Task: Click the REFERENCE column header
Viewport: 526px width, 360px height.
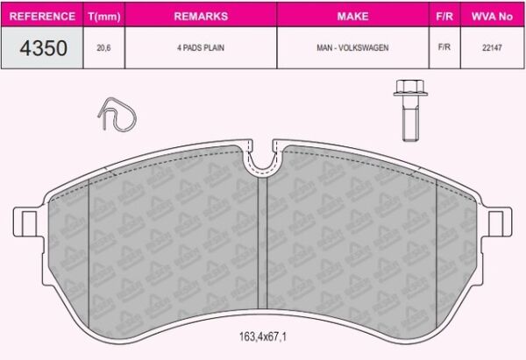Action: (x=42, y=16)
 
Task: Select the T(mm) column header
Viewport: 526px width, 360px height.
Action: (x=104, y=17)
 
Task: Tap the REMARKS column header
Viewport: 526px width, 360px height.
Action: (x=201, y=16)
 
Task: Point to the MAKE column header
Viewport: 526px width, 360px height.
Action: (x=353, y=16)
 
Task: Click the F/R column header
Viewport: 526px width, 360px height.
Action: (x=444, y=16)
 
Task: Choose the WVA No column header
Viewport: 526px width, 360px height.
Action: (x=492, y=16)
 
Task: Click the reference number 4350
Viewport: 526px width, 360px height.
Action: (x=43, y=48)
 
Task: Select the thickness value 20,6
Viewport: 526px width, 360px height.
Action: (x=103, y=48)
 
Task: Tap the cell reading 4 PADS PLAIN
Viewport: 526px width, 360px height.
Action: (x=201, y=47)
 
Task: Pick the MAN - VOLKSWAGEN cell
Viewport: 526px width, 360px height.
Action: (x=352, y=47)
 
